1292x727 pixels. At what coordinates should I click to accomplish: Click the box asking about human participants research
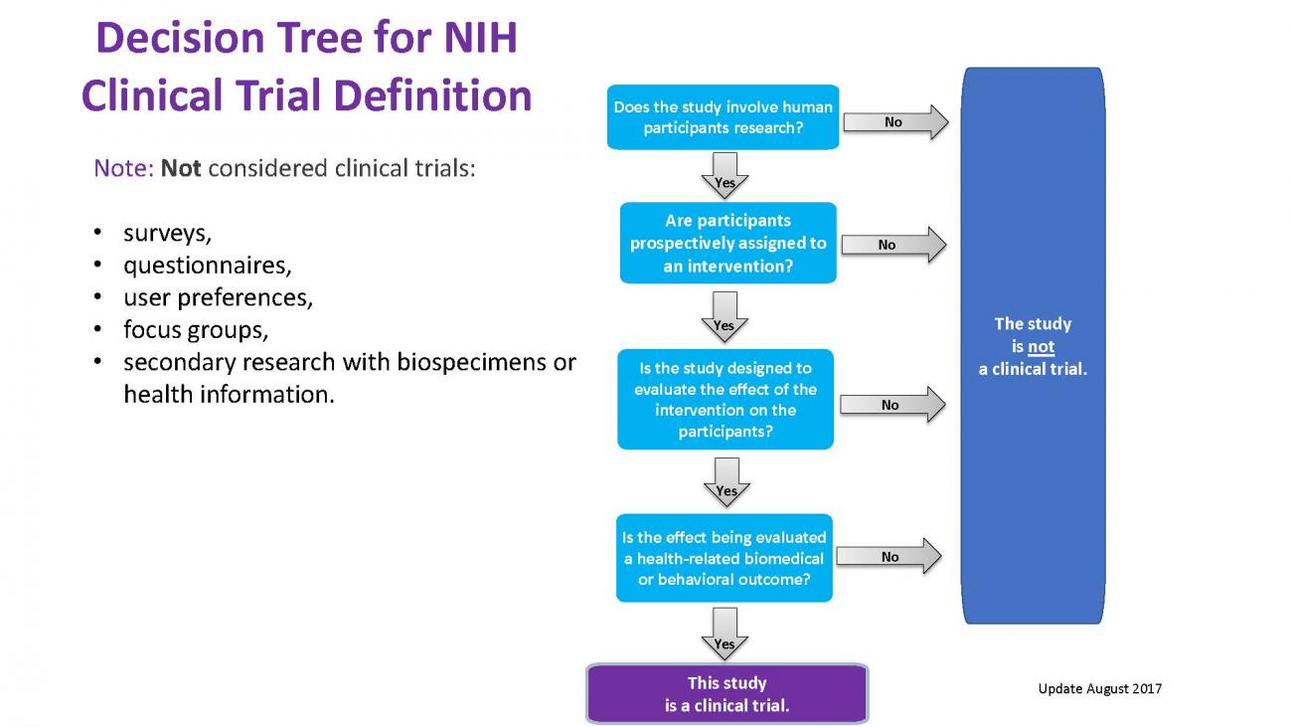[x=723, y=117]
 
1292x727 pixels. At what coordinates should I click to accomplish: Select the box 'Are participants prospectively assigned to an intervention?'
[x=727, y=244]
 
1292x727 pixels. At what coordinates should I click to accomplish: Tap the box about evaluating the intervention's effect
[x=725, y=400]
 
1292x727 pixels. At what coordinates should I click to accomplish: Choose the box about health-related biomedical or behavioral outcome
[x=724, y=558]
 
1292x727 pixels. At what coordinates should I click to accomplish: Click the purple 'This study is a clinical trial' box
[x=727, y=694]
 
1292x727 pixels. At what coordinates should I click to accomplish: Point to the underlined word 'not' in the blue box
[x=1041, y=347]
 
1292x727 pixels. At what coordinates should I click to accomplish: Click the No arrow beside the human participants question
[x=894, y=122]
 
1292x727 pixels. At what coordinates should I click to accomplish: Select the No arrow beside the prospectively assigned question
[x=891, y=245]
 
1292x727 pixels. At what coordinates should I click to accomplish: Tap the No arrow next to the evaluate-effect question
[x=891, y=405]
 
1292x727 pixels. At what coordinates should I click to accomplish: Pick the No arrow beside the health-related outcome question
[x=889, y=557]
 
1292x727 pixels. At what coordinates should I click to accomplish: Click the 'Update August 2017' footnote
[x=1099, y=688]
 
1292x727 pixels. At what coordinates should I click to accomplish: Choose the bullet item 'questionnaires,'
[x=207, y=266]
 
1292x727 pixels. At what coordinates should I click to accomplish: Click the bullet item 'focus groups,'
[x=196, y=329]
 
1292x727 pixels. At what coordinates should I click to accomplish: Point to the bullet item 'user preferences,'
[x=218, y=297]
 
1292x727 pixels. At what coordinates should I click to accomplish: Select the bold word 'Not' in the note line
[x=181, y=168]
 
